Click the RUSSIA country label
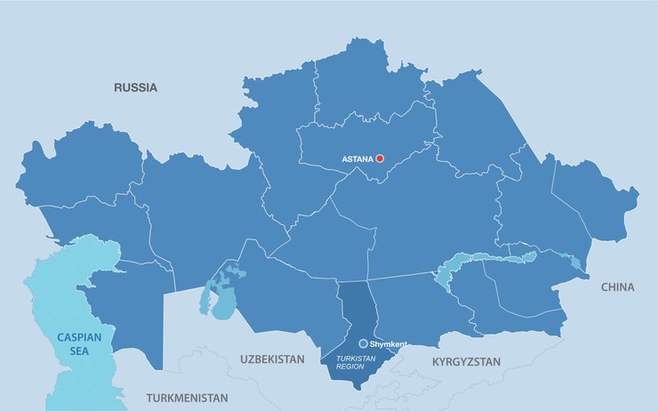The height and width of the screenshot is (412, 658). pos(135,87)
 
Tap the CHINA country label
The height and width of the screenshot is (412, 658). pos(617,287)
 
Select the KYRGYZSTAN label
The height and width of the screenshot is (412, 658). pos(466,362)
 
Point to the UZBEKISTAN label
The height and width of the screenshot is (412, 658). pos(272,359)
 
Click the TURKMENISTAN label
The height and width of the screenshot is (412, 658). pos(187,398)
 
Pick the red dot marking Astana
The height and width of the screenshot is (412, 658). pos(380,158)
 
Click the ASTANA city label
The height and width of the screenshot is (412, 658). pos(357,159)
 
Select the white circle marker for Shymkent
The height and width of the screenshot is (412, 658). pos(363,343)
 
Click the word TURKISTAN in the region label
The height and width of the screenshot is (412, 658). pos(355,358)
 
